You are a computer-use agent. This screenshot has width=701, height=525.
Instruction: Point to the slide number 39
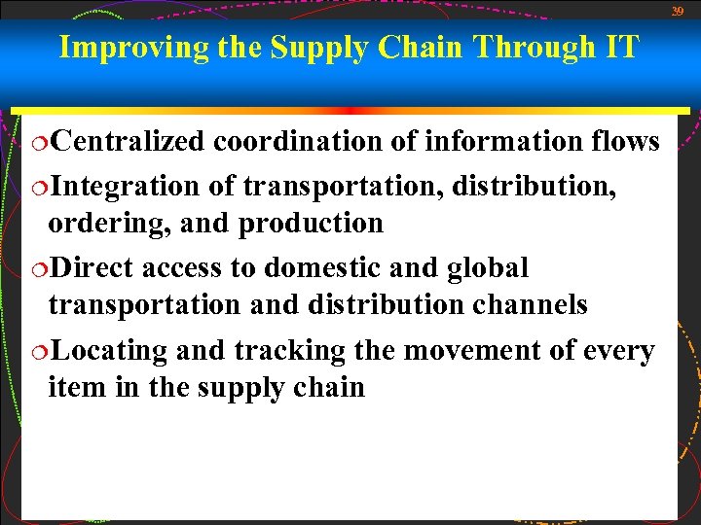[x=678, y=11]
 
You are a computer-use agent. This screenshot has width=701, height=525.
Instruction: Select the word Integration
[x=124, y=183]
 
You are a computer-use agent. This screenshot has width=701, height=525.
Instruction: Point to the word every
[x=616, y=350]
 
